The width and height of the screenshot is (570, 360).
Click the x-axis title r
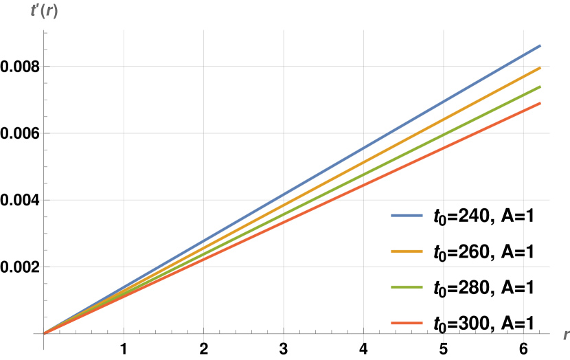[565, 335]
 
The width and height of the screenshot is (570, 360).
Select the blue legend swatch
[407, 215]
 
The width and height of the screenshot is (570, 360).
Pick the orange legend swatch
[407, 251]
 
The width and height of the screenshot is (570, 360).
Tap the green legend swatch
[407, 286]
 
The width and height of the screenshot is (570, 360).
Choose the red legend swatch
[407, 323]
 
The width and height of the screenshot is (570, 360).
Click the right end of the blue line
[540, 46]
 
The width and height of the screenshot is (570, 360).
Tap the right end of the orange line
[540, 68]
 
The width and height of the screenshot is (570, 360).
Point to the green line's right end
[540, 87]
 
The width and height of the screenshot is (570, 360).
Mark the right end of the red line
[540, 103]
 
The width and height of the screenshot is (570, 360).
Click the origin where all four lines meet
[44, 333]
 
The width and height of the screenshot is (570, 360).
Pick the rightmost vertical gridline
[523, 206]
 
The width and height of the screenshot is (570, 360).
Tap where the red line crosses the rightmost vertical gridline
[523, 111]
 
